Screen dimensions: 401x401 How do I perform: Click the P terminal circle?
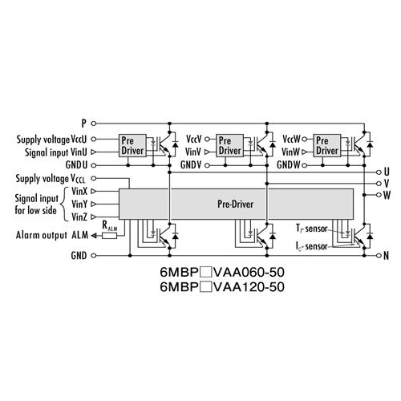(x=94, y=124)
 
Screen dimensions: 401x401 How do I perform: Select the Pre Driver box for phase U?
(x=132, y=145)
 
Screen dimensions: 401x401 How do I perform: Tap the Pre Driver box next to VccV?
(x=230, y=145)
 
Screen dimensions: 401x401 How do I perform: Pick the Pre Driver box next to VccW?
(x=327, y=145)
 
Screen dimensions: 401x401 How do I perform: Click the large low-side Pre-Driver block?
(x=236, y=204)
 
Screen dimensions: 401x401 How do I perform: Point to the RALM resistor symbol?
(x=110, y=236)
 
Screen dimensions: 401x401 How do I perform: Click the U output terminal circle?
(x=379, y=172)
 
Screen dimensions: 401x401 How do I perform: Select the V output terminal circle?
(x=379, y=184)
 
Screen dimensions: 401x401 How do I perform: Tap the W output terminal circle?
(x=379, y=195)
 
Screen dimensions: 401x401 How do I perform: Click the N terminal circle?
(x=379, y=256)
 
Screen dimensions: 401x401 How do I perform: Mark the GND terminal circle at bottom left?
(x=94, y=256)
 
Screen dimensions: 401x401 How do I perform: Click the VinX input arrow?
(x=94, y=192)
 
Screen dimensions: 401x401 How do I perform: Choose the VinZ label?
(x=79, y=217)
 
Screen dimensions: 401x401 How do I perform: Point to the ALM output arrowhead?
(x=94, y=236)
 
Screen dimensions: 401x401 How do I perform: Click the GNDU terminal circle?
(x=94, y=165)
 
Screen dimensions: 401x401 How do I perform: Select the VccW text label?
(x=291, y=140)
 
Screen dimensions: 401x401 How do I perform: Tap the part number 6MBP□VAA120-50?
(x=222, y=287)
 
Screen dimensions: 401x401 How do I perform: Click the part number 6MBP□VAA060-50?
(x=222, y=273)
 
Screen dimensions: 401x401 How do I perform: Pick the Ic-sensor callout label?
(x=311, y=246)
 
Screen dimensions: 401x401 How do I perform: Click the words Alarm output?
(x=42, y=235)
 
